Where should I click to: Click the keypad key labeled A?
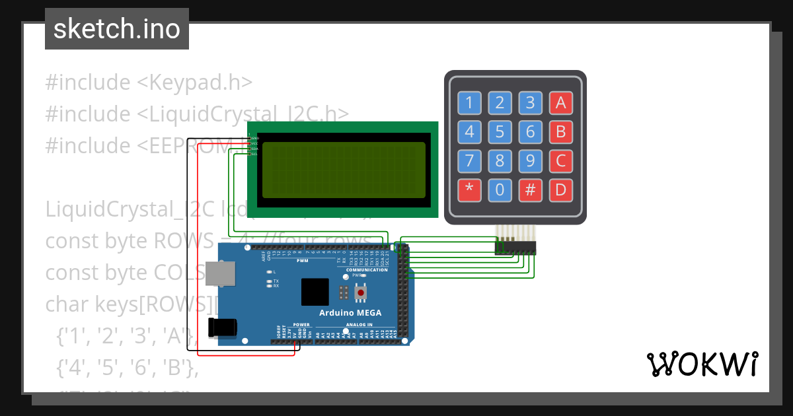[x=560, y=102]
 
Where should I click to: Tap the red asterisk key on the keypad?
[x=469, y=191]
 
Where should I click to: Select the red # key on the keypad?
[x=530, y=191]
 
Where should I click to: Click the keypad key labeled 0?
[x=500, y=191]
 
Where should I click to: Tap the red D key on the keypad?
[x=560, y=191]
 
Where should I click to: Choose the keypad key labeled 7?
[x=469, y=161]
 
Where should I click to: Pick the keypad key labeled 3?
[x=530, y=102]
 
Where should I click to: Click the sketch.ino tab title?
[x=116, y=29]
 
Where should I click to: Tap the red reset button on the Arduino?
[x=361, y=291]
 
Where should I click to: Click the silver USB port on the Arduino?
[x=220, y=273]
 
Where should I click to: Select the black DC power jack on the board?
[x=222, y=328]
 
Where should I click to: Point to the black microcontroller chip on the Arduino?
[x=315, y=292]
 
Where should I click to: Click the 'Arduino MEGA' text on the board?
[x=350, y=313]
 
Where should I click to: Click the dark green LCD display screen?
[x=344, y=170]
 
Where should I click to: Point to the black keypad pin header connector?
[x=515, y=248]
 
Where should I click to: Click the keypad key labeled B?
[x=560, y=131]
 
